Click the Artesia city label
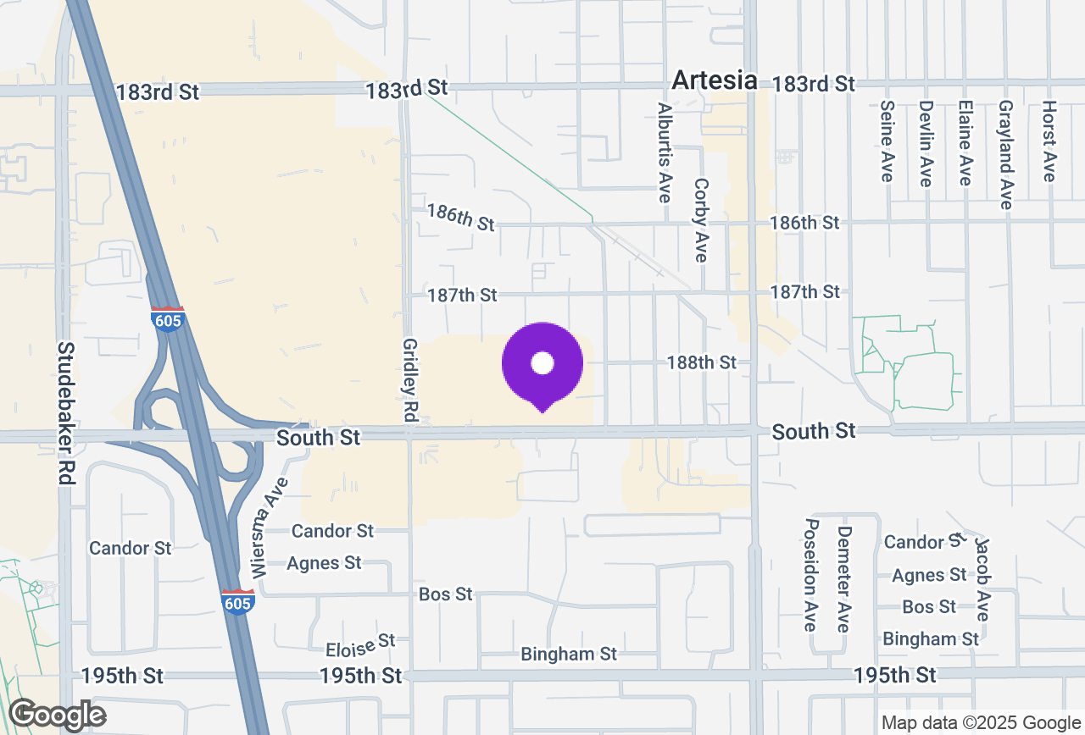coord(715,80)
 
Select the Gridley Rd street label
coord(410,380)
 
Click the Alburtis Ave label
coord(665,152)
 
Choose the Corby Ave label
coord(700,219)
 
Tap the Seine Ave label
coord(887,141)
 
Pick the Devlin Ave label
coord(926,143)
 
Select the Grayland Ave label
coord(1005,154)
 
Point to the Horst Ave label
coord(1049,141)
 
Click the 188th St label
coord(701,362)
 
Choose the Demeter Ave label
coord(843,578)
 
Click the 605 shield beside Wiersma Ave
coord(238,601)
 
